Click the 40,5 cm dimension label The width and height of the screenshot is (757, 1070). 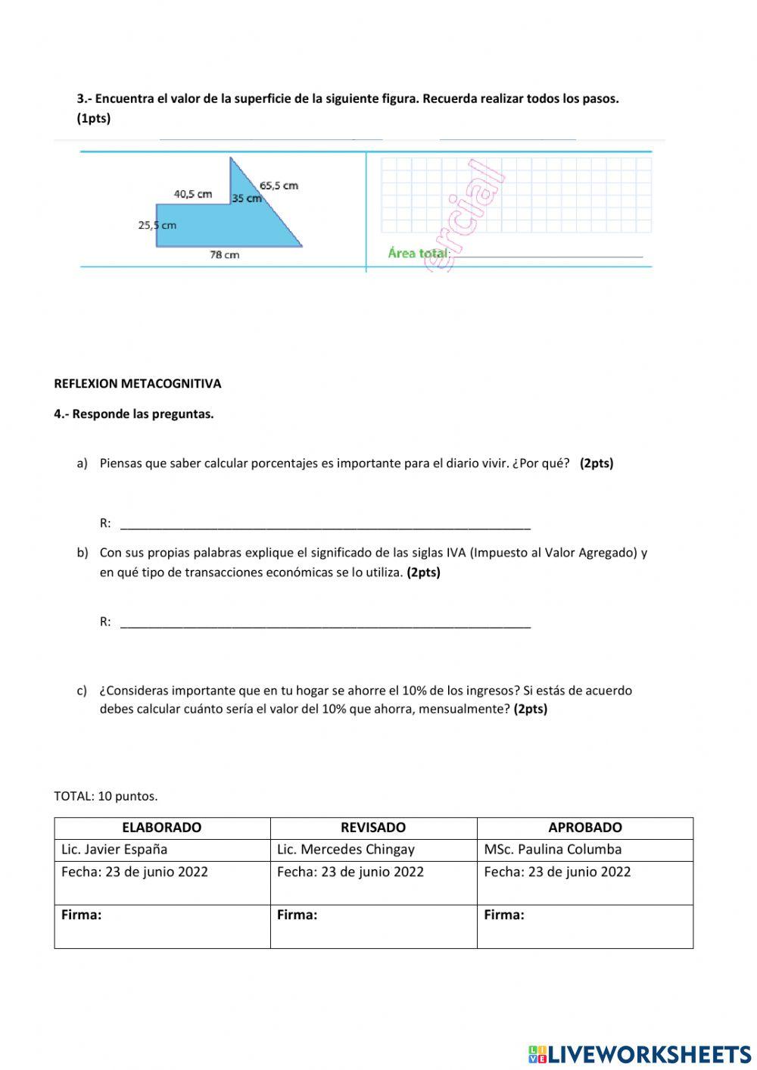pos(192,194)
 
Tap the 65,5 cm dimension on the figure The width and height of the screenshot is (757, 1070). pos(279,186)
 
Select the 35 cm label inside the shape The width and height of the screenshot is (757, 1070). pos(246,198)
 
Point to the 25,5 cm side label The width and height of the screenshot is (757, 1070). pos(157,225)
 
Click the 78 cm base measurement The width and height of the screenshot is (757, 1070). pos(224,255)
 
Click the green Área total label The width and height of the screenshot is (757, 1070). pos(418,253)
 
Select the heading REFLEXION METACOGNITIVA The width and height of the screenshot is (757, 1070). pos(138,384)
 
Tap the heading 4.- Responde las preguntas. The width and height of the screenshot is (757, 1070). pos(134,414)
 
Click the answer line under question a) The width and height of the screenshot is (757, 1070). pos(326,524)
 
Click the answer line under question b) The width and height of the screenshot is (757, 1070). pos(326,623)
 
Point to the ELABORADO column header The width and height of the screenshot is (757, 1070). pos(162,828)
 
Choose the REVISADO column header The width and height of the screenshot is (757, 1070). pos(373,828)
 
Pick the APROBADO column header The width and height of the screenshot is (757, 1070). pos(585,828)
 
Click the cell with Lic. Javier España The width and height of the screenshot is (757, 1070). pos(114,850)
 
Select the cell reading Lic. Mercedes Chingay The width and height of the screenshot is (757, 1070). pos(346,850)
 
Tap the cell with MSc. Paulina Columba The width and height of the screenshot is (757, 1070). pos(553,850)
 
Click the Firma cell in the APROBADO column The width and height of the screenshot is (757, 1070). pos(584,925)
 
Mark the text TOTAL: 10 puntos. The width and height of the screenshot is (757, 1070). pos(106,797)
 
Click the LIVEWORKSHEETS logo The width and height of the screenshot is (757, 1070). pos(640,1054)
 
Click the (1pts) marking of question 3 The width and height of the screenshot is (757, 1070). pos(94,119)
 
